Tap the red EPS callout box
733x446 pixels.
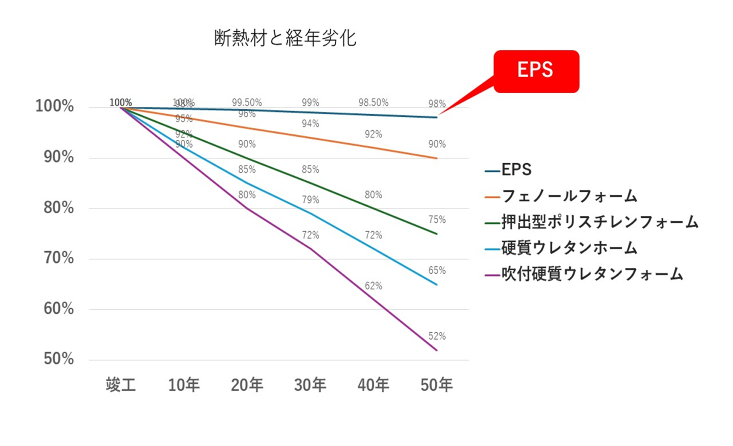click(536, 71)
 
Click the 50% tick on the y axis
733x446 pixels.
click(59, 359)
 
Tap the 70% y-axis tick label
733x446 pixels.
click(59, 258)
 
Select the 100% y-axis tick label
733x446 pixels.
click(54, 106)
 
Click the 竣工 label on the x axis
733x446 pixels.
click(121, 385)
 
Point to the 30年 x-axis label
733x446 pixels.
click(310, 385)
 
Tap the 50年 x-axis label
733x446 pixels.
click(436, 385)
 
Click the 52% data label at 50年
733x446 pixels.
click(437, 336)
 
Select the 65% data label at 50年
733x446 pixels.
click(437, 270)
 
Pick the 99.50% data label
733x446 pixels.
click(247, 102)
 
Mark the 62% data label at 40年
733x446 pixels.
click(373, 286)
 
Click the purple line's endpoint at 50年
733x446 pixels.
click(436, 350)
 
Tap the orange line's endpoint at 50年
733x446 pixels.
click(436, 158)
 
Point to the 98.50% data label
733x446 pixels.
click(373, 102)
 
